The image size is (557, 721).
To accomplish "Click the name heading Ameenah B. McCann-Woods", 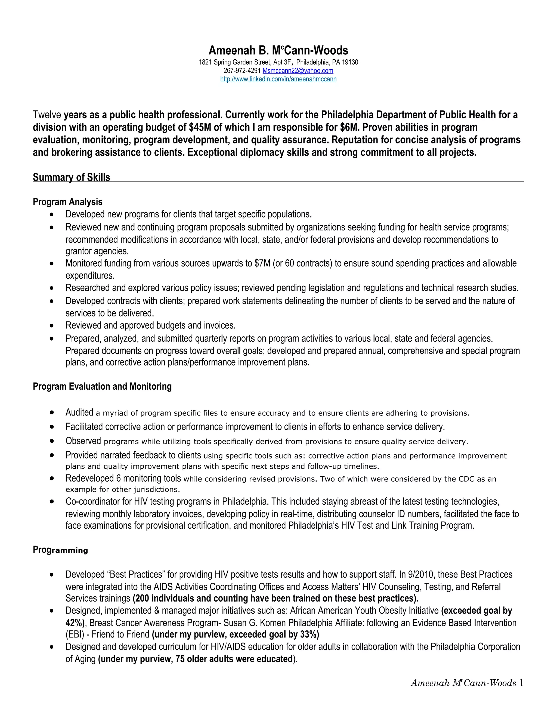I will pyautogui.click(x=278, y=51).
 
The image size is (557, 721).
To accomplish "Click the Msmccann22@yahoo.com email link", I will pyautogui.click(x=298, y=71).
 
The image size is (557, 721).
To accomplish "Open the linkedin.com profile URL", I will pyautogui.click(x=278, y=79).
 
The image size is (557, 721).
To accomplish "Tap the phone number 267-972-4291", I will pyautogui.click(x=242, y=71).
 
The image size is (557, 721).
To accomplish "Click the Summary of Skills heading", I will pyautogui.click(x=71, y=177).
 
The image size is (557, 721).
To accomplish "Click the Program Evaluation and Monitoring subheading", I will pyautogui.click(x=102, y=386).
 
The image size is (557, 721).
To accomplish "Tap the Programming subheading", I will pyautogui.click(x=60, y=550).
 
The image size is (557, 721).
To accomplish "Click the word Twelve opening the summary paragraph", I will pyautogui.click(x=47, y=115).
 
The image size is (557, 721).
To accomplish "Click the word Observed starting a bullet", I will pyautogui.click(x=83, y=441).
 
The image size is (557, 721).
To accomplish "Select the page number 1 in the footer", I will pyautogui.click(x=521, y=682).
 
